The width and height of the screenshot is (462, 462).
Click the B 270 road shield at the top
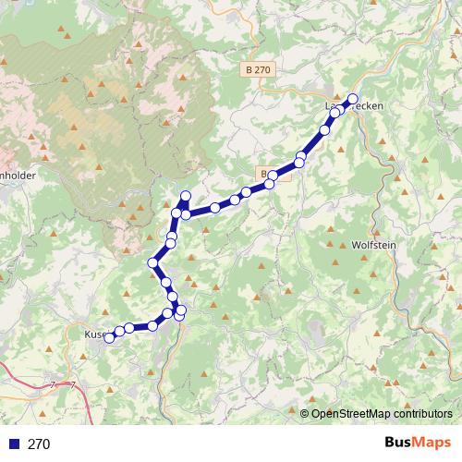(260, 69)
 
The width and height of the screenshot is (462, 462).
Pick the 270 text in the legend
(39, 444)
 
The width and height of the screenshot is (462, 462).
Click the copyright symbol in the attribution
(305, 413)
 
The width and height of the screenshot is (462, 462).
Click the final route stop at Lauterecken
(352, 99)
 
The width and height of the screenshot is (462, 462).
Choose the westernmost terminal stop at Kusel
(108, 337)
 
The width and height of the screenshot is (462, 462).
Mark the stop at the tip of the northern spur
(185, 195)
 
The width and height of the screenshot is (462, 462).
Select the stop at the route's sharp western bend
(153, 264)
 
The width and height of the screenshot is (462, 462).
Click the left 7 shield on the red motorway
(53, 383)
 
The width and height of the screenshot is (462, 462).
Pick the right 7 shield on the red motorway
(72, 383)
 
